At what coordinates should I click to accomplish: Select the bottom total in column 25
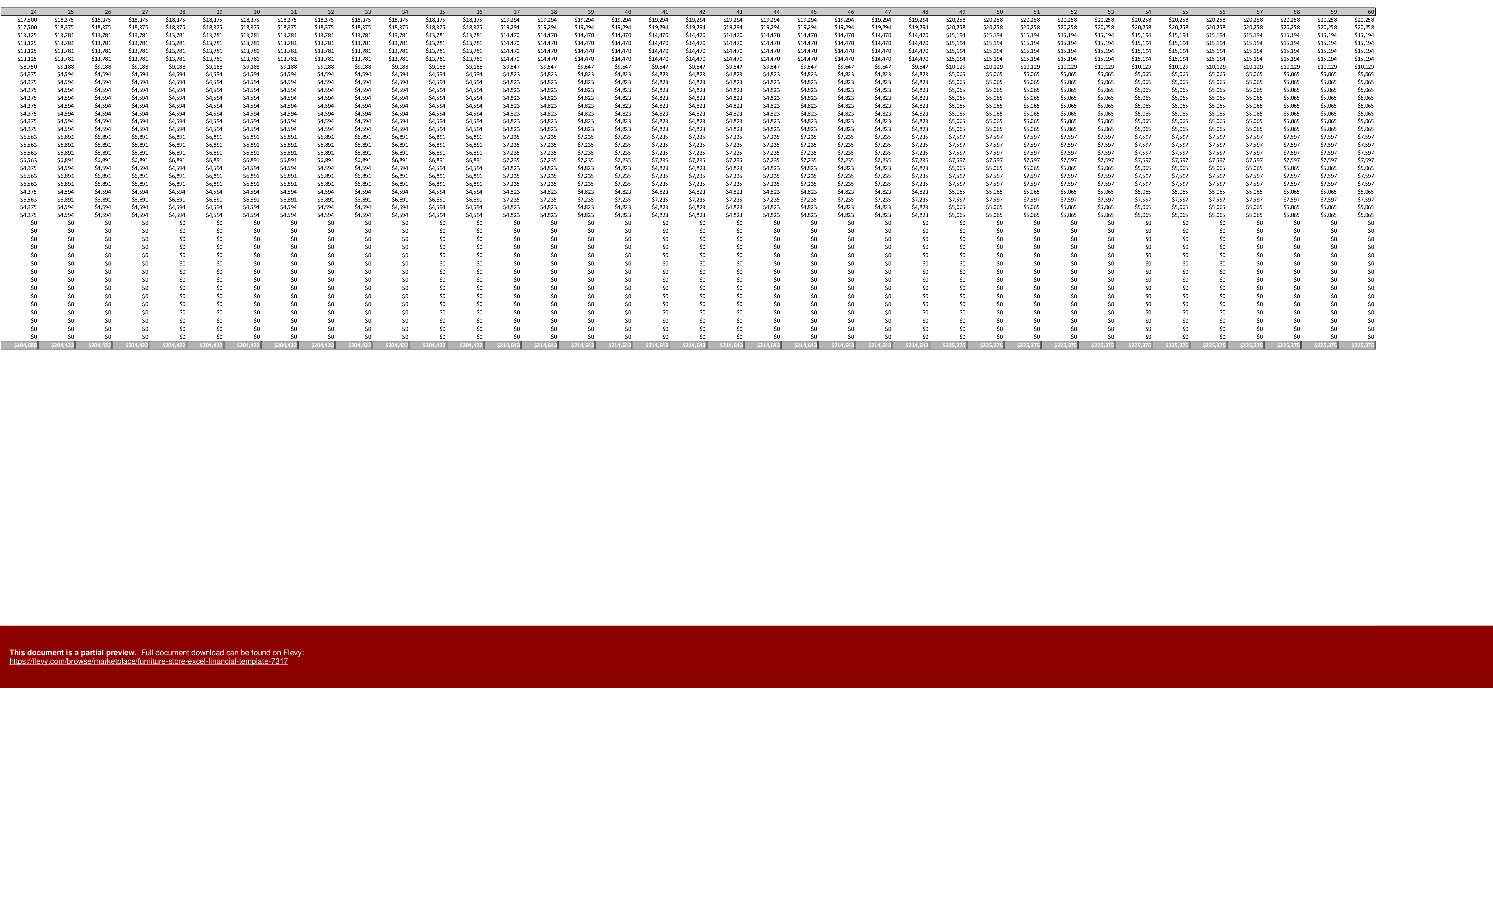[62, 345]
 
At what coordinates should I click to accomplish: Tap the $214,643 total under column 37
[508, 345]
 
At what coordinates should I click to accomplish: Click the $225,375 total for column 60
[1362, 345]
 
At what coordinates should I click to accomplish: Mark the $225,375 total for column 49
[954, 345]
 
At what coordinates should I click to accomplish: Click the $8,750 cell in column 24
[28, 67]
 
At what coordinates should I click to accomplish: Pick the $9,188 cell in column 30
[251, 67]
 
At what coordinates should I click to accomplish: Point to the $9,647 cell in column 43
[734, 67]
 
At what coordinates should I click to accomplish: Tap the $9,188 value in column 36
[474, 67]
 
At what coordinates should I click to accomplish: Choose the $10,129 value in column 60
[1364, 67]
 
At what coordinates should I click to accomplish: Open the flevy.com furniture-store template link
[148, 661]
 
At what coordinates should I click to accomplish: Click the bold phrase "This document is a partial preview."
[73, 652]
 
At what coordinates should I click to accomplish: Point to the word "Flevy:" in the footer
[293, 652]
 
